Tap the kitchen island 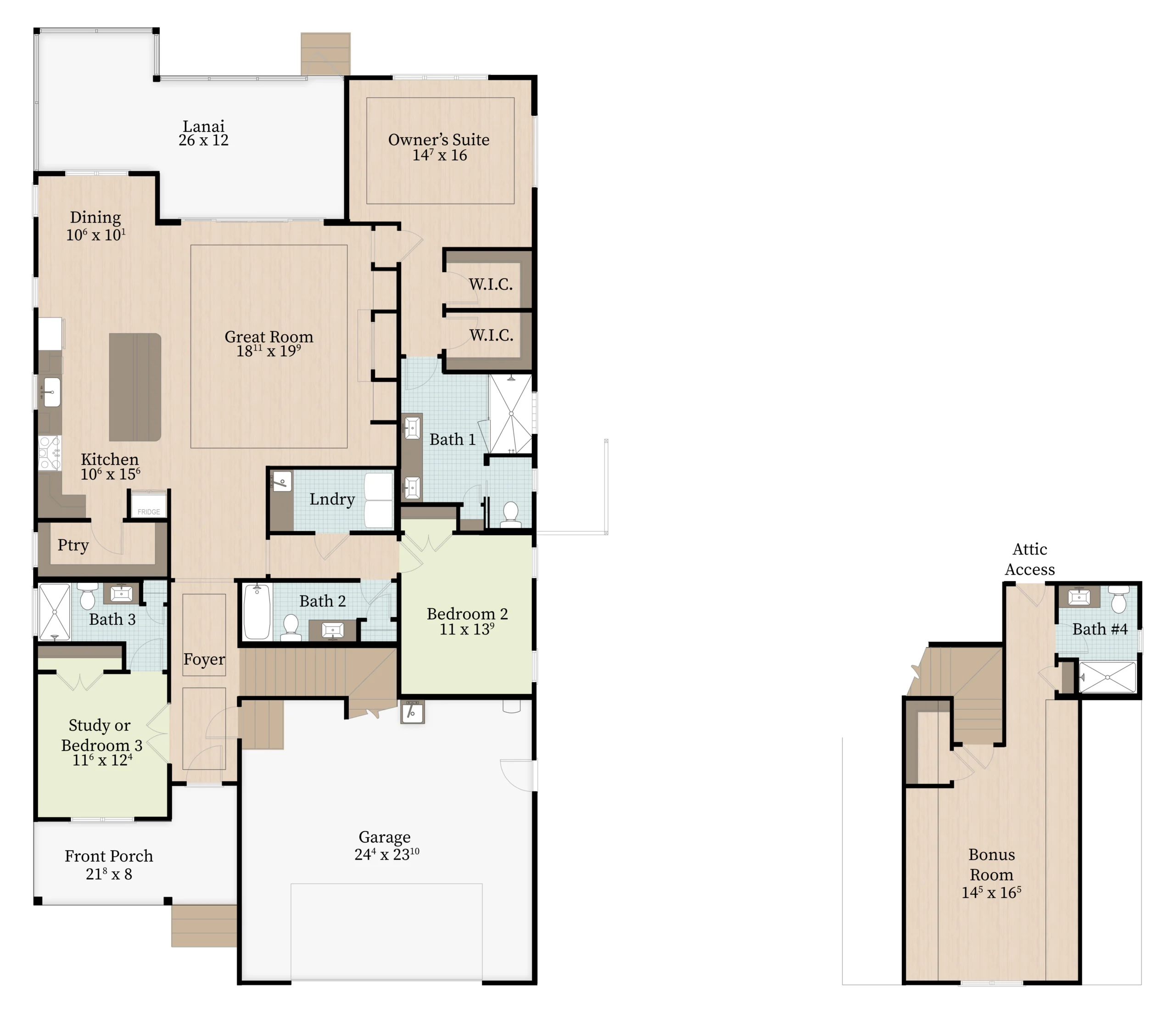pos(135,387)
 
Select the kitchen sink pos(50,391)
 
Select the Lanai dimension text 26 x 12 pos(204,140)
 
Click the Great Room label pos(269,336)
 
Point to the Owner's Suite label pos(439,140)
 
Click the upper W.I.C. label pos(491,284)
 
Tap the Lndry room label pos(332,499)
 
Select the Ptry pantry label pos(73,546)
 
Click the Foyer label pos(204,660)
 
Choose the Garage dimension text pos(387,854)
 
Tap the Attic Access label pos(1030,559)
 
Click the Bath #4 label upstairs pos(1100,629)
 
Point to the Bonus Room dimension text pos(991,893)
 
